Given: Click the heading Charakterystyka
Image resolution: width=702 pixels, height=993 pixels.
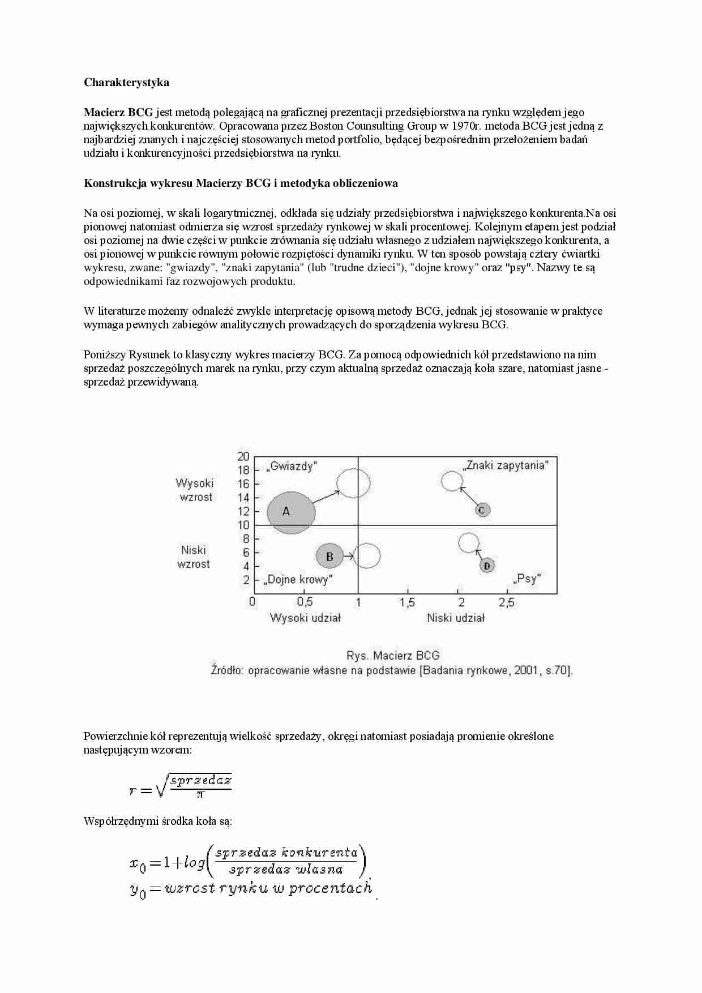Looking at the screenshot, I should click(126, 83).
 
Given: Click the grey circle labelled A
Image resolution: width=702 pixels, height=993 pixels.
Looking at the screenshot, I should click(290, 512).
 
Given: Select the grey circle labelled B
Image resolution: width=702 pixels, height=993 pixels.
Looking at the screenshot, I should click(330, 557).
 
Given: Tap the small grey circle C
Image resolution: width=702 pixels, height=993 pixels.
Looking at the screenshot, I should click(482, 510).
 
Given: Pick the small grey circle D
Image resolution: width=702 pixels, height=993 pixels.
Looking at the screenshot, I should click(487, 565).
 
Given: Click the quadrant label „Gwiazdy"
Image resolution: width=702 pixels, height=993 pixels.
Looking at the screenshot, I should click(292, 466).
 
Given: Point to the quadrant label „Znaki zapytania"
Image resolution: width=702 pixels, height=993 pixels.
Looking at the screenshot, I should click(505, 466).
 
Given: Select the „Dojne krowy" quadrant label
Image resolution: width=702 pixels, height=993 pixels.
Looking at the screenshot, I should click(298, 580).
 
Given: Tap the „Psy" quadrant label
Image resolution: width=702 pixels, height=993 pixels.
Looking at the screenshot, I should click(526, 579).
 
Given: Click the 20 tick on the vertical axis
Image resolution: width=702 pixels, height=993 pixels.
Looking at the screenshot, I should click(243, 456).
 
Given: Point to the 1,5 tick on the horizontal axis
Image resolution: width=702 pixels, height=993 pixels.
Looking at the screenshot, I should click(407, 602).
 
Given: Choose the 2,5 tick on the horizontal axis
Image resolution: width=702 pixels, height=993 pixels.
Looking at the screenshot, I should click(507, 602).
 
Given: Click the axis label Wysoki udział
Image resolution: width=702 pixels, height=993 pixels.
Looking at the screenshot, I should click(305, 618).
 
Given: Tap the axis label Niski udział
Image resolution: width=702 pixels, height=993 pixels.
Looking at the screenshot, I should click(456, 618).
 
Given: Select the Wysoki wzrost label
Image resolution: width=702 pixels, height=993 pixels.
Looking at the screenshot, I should click(195, 490).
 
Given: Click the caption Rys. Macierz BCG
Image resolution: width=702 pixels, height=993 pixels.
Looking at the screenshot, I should click(393, 656).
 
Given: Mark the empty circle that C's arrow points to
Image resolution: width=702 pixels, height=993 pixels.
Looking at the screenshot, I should click(452, 481).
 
